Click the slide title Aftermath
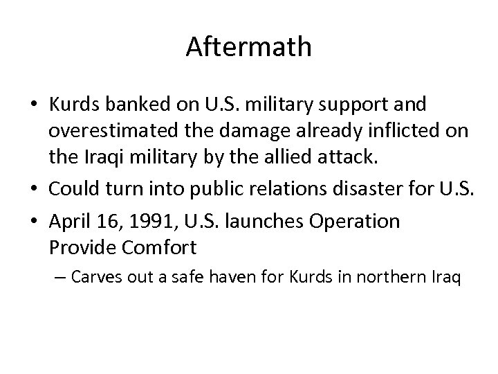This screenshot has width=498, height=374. click(x=249, y=48)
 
